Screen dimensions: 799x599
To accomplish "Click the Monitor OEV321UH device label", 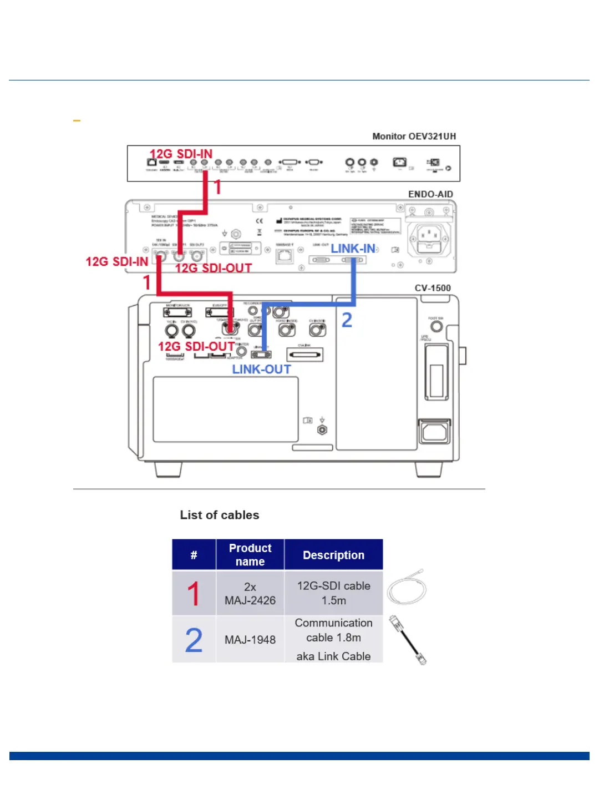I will pos(414,136).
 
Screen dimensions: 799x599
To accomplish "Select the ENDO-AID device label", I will pos(430,194).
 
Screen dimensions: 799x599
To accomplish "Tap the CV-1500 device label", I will pos(433,288).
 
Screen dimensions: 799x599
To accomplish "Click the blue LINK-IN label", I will pos(353,249).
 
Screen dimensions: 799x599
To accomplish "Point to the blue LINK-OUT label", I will pos(261,370).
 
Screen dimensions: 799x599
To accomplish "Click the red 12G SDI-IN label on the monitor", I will pos(181,154).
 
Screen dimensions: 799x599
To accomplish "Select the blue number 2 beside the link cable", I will pos(347,320).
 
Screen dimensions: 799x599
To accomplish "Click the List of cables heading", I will pos(219,515).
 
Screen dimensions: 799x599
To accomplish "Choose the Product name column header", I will pos(250,555).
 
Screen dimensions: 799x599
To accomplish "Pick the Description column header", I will pos(333,555).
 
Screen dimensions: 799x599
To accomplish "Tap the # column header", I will pos(194,555).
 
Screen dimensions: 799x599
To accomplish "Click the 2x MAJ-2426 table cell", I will pos(250,593).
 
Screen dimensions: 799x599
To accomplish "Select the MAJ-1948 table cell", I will pos(250,640).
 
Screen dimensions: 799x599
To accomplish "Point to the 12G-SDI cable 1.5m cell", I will pos(333,593).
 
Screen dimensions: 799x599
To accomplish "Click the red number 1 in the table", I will pos(194,593).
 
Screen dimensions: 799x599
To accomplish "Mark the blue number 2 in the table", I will pos(194,640).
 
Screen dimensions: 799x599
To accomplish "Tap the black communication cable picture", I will pos(408,640).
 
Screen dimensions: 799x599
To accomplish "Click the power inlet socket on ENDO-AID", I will pos(428,236).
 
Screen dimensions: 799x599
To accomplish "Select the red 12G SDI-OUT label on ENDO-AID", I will pos(214,268).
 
